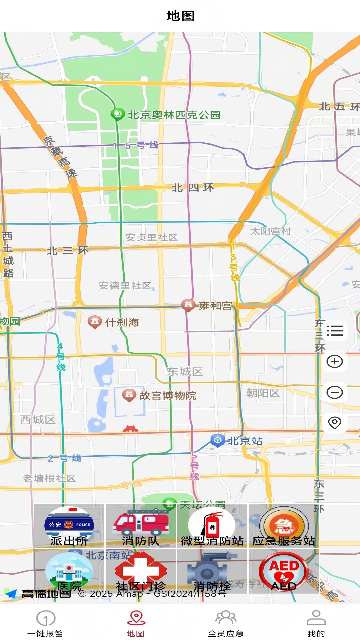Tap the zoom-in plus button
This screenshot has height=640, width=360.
(x=335, y=362)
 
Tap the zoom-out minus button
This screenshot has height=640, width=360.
(x=335, y=392)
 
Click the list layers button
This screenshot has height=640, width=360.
(x=335, y=331)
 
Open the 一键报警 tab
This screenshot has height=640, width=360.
(x=45, y=623)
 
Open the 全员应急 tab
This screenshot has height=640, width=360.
(x=226, y=623)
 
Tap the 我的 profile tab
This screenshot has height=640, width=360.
(x=316, y=623)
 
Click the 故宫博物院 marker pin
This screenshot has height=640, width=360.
(x=129, y=395)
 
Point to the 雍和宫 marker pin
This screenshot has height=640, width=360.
(x=188, y=305)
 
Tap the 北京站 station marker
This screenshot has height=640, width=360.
(x=217, y=441)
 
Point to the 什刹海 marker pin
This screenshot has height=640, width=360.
(x=95, y=322)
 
